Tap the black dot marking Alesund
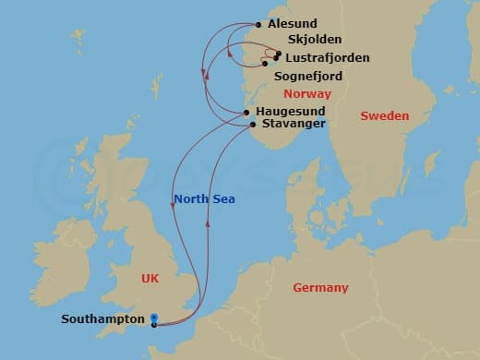point(258,25)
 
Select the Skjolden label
point(315,41)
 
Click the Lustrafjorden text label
point(327,58)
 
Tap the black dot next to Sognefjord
point(265,64)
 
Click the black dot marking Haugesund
point(246,112)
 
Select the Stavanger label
point(294,123)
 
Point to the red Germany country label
point(320,288)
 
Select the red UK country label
point(151,277)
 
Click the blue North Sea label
point(204,198)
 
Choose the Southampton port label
point(102,319)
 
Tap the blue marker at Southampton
point(154,320)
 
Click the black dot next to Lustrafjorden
point(276,57)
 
